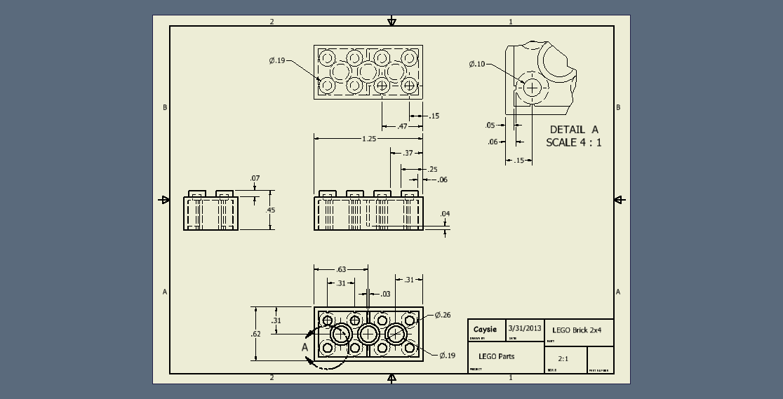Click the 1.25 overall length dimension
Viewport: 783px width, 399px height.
click(368, 139)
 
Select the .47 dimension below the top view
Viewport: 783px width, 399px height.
click(403, 127)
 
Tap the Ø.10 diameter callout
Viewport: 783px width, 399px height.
click(476, 65)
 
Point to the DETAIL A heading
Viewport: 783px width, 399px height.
click(574, 130)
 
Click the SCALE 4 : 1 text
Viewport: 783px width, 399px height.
click(574, 142)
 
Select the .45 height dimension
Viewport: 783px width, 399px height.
click(271, 210)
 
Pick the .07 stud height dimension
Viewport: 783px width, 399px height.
click(255, 179)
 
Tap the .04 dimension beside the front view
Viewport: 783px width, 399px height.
click(445, 214)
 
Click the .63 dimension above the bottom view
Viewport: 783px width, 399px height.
click(341, 269)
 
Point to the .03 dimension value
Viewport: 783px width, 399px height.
click(385, 295)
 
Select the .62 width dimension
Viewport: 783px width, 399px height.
click(256, 334)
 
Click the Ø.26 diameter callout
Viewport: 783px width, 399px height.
click(442, 315)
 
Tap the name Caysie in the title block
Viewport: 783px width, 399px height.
click(485, 329)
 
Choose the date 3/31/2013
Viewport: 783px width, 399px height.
click(525, 328)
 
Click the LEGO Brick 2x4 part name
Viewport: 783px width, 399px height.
click(577, 330)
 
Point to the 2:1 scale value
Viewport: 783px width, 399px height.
click(563, 359)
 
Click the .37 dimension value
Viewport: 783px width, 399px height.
click(408, 153)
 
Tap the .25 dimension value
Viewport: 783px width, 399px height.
click(432, 170)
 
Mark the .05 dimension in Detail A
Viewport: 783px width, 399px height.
click(490, 126)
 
